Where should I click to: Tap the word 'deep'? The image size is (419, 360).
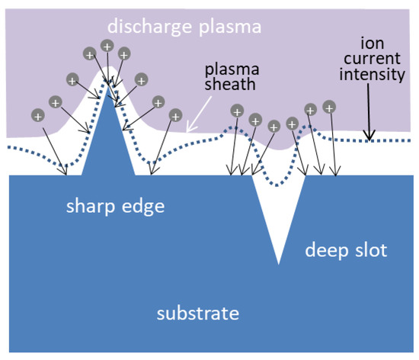[325, 249]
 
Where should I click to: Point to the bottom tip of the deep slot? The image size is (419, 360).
[279, 263]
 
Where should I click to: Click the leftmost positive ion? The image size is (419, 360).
[37, 116]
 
